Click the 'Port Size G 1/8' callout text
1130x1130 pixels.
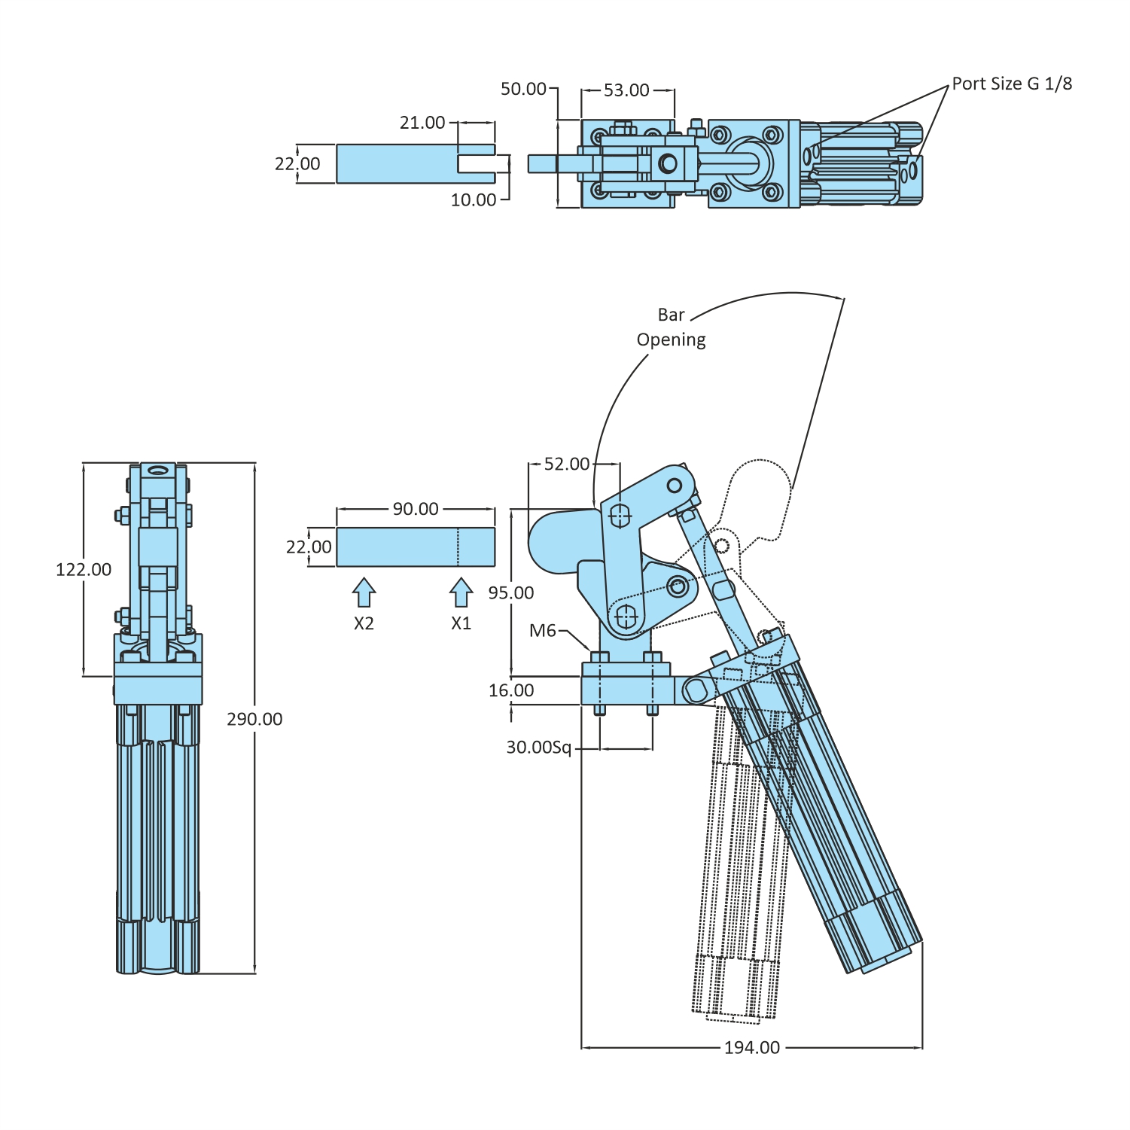coord(1011,84)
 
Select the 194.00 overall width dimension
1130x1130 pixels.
coord(751,1047)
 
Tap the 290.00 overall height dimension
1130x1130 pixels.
coord(254,719)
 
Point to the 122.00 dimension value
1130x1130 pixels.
coord(84,569)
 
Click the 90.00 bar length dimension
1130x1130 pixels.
coord(415,509)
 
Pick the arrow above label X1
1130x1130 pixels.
coord(461,592)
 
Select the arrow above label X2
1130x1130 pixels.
coord(364,592)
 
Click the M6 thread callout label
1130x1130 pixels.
coord(542,630)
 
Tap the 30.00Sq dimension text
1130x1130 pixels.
coord(538,748)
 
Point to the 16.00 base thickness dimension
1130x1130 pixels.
coord(511,690)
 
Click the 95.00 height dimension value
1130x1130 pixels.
coord(510,592)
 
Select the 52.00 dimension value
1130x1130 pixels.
coord(567,464)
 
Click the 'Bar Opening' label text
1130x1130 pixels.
coord(671,327)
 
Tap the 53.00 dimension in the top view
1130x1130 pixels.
coord(626,90)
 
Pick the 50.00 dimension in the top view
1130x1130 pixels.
coord(523,89)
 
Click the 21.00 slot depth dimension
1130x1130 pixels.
coord(422,122)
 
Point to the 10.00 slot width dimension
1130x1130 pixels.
coord(474,200)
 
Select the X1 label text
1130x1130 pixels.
coord(461,623)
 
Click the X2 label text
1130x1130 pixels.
coord(364,623)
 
